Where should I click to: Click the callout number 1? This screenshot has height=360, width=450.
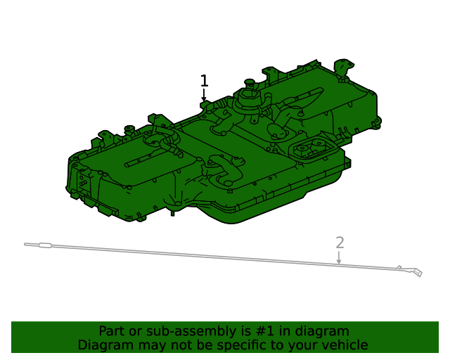pos(204,81)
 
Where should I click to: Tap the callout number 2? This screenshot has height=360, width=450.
pos(340,243)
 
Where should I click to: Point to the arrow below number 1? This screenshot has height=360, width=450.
pos(204,97)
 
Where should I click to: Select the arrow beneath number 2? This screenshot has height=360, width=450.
pos(339,258)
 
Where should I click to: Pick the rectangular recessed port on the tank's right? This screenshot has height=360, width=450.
pos(311,148)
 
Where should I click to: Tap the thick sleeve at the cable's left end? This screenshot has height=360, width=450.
pos(44,245)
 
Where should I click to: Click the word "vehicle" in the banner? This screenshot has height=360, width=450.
pos(342,345)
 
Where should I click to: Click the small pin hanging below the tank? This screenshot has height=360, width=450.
pos(172,212)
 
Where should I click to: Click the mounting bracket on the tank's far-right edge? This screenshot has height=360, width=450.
pos(376,124)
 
